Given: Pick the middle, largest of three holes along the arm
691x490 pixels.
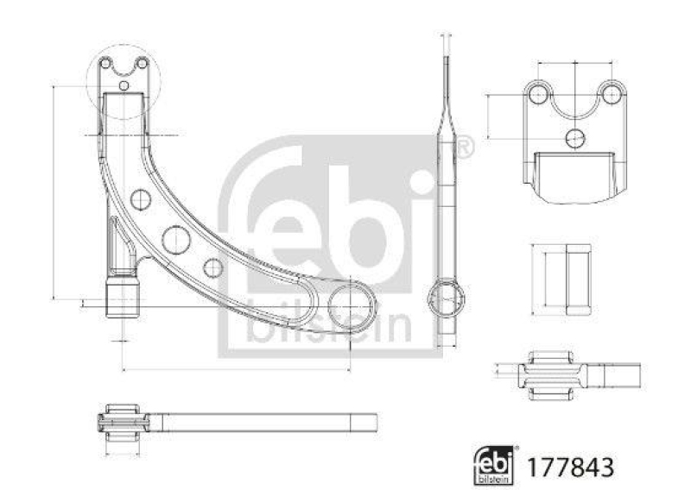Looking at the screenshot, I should pyautogui.click(x=176, y=238).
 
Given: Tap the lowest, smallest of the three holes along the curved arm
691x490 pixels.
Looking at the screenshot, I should pyautogui.click(x=212, y=267).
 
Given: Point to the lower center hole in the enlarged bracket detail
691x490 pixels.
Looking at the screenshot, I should pyautogui.click(x=575, y=136).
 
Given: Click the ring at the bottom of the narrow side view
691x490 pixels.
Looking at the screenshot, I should pyautogui.click(x=447, y=298).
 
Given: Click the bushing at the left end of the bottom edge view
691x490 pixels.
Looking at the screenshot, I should pyautogui.click(x=123, y=423).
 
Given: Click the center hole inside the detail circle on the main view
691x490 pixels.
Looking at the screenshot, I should pyautogui.click(x=124, y=85).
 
